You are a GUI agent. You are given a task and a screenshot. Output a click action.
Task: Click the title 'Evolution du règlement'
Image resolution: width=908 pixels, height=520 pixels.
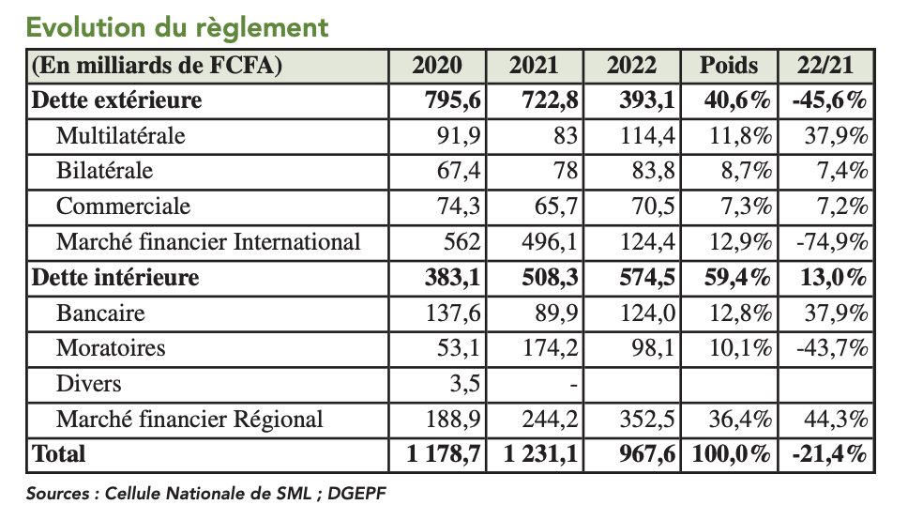point(177,26)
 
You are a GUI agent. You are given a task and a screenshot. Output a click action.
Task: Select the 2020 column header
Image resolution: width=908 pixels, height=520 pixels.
point(437,65)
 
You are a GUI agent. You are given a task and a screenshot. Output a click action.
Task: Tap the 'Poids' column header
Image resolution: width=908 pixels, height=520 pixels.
point(729,65)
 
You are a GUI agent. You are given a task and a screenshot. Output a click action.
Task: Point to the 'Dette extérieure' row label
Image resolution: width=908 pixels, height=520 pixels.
point(116,99)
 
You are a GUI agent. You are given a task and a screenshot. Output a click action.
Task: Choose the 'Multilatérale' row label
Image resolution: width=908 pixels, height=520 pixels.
point(121,135)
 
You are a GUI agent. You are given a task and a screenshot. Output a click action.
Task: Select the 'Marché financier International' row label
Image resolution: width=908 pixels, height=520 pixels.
point(208,242)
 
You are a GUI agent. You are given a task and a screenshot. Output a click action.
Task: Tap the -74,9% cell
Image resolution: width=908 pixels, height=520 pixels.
point(831,242)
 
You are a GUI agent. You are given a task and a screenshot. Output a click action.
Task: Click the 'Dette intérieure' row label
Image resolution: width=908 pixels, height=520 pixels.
point(115,278)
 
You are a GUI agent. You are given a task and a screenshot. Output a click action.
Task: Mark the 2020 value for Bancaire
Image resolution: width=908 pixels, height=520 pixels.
point(454,314)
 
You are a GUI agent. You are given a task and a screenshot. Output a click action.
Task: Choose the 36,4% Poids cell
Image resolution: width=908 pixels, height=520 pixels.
point(741,419)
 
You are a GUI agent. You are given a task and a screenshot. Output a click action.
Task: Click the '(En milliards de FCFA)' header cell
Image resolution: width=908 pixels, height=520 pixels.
point(158,65)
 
